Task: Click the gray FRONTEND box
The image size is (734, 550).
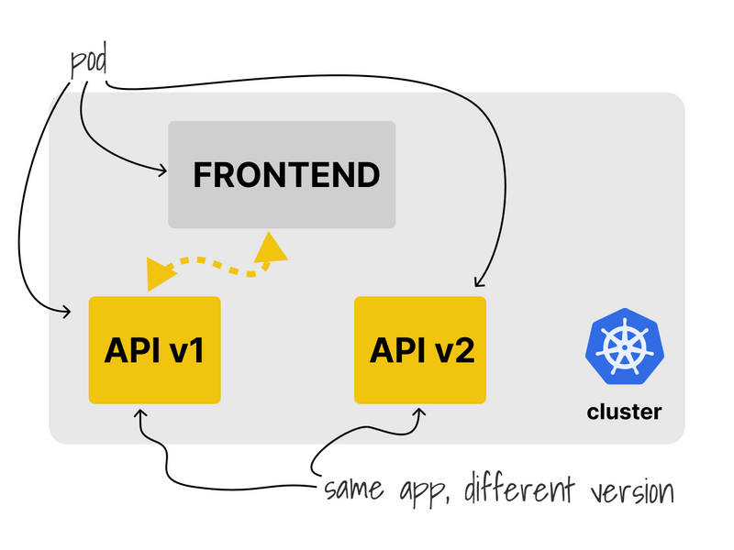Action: point(282,174)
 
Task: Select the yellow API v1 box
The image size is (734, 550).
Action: point(154,350)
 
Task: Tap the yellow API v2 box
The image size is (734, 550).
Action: point(420,350)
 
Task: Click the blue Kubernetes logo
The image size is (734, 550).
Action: point(625,346)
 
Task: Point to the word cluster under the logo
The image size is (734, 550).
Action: point(624,412)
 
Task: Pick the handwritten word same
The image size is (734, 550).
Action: point(354,489)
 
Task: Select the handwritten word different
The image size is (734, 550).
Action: point(519,489)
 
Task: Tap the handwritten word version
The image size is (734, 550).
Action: point(632,492)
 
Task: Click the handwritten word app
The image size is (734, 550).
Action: point(424,492)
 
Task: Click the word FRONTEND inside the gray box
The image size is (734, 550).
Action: point(286,175)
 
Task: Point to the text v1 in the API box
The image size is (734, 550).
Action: point(187,350)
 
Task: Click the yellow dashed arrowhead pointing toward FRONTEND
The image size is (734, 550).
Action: point(270,247)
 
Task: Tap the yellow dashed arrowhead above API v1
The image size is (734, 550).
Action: point(159,273)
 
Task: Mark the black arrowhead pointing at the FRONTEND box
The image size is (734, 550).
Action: point(163,170)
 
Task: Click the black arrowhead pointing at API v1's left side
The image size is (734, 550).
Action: point(66,312)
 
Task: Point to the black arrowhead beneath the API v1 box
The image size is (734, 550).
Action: point(140,413)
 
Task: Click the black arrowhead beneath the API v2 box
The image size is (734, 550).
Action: point(420,412)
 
